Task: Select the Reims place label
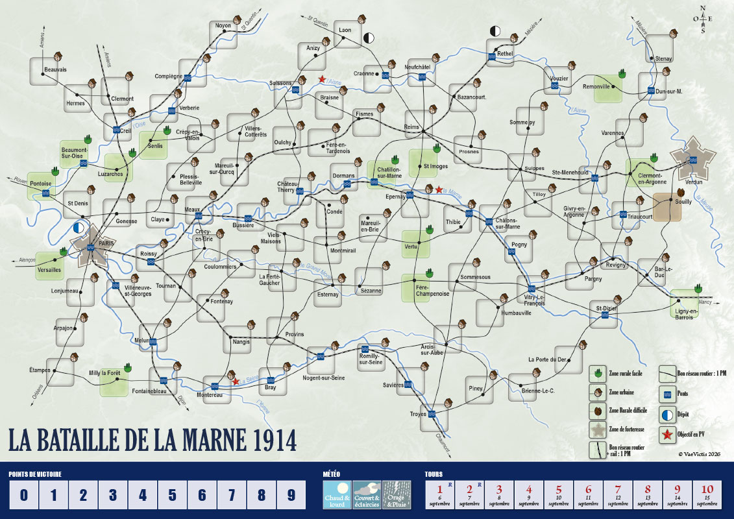click(412, 127)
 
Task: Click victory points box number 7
click(231, 496)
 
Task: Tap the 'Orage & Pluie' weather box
click(397, 496)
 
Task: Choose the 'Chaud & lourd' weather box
click(337, 496)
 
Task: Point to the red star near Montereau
click(236, 382)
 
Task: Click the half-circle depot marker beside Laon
click(369, 37)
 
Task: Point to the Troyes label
click(418, 414)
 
